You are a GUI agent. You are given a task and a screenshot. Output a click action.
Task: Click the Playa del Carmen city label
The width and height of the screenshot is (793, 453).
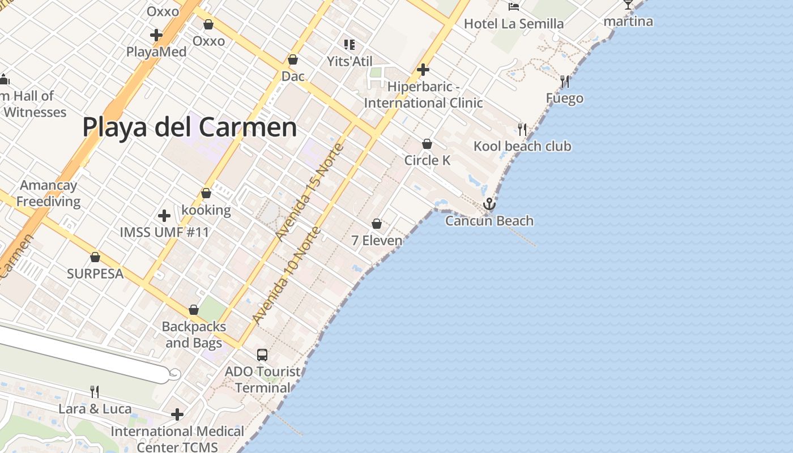[x=190, y=127]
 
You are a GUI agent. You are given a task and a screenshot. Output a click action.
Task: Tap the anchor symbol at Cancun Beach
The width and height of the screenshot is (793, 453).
[x=489, y=204]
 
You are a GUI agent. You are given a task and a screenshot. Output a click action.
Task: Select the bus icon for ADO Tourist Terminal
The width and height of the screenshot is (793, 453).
[x=262, y=355]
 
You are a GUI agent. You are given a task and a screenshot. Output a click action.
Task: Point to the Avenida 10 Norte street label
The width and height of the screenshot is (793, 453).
[x=286, y=276]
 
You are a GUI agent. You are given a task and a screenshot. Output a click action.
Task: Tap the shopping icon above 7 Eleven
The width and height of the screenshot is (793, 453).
[x=377, y=224]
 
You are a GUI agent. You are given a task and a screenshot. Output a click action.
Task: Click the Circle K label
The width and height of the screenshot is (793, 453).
[x=427, y=160]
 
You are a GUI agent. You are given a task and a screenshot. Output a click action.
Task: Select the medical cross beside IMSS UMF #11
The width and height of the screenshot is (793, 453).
[x=164, y=216]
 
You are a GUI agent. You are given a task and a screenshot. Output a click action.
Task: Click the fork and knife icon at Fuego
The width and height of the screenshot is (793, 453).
[x=564, y=82]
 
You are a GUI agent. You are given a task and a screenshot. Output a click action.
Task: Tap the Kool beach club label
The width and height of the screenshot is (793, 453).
[x=522, y=146]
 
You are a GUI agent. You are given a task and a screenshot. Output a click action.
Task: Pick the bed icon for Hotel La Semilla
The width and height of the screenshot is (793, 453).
[x=514, y=7]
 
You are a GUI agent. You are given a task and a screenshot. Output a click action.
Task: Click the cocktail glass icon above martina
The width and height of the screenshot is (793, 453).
[x=628, y=5]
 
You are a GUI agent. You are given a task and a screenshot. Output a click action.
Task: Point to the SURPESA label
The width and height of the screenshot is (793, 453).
[x=95, y=273]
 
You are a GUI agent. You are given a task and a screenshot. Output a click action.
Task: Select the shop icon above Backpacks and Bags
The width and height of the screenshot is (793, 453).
[x=194, y=310]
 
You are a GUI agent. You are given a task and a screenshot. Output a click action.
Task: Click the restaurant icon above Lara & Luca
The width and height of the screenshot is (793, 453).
[x=95, y=391]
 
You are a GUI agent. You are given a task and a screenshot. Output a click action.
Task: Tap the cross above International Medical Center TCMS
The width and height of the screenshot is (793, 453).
[x=177, y=414]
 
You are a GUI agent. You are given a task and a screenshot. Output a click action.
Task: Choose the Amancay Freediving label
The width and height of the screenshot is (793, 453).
[x=49, y=193]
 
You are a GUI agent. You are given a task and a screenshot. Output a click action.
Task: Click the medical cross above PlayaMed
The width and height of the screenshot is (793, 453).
[x=156, y=35]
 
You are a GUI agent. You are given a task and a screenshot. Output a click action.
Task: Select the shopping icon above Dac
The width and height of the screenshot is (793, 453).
[x=293, y=59]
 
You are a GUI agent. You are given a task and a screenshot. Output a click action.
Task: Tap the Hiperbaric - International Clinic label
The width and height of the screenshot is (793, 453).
[x=423, y=95]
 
